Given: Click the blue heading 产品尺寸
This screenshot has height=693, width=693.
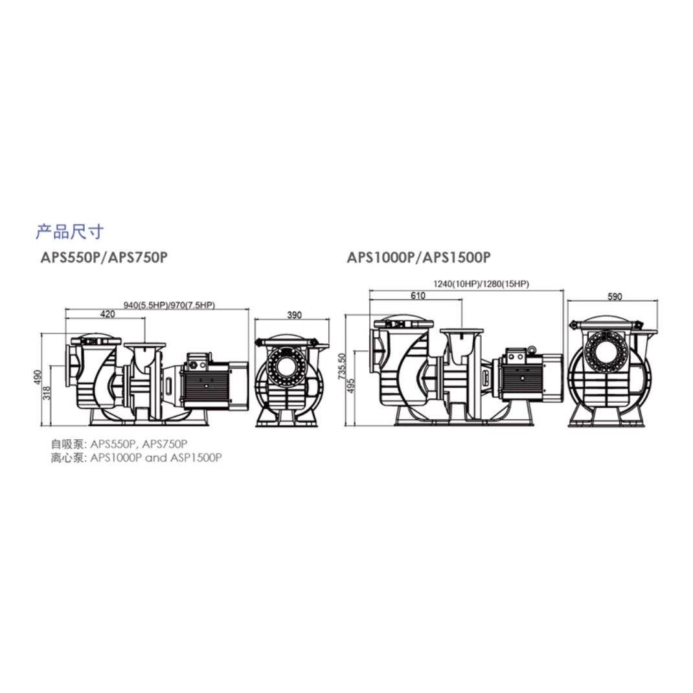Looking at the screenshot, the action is pos(69,231).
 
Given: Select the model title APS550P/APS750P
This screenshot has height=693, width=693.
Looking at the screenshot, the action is pos(104,257).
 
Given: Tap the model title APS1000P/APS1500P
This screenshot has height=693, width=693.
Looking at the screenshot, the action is pos(418,257).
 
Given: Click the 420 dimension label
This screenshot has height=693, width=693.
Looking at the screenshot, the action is pos(108,314).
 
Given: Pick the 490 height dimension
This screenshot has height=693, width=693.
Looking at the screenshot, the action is pos(38,376).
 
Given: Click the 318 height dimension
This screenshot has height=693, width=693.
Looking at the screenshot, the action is pos(47,392).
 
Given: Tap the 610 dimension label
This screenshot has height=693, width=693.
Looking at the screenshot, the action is pos(418,296).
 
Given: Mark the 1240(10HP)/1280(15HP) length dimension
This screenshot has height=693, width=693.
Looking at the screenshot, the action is pos(481,284).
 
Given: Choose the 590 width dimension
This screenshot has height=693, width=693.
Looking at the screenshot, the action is pos(615,297).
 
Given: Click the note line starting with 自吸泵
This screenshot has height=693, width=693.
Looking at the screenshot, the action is pos(119,444).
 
